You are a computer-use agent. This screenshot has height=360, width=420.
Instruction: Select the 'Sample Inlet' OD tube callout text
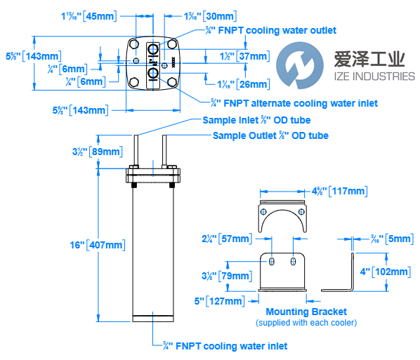click(x=247, y=121)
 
